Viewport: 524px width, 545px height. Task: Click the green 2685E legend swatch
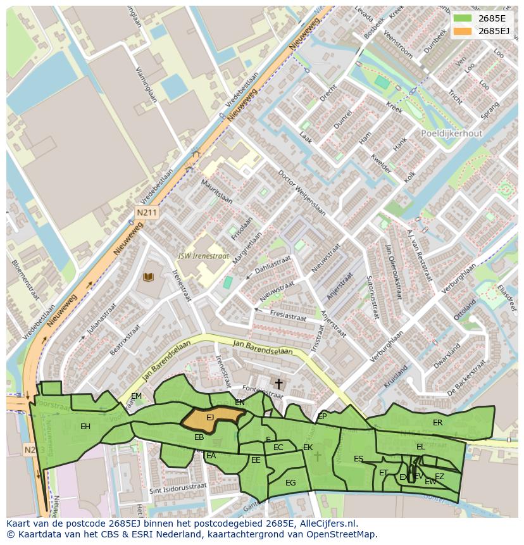click(x=463, y=18)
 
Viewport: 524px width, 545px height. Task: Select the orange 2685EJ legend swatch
click(x=463, y=31)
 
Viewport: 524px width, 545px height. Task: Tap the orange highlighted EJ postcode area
click(x=212, y=418)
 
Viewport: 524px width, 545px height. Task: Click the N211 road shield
click(x=146, y=213)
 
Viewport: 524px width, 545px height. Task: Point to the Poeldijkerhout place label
click(x=451, y=134)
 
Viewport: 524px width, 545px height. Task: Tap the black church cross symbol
click(x=278, y=384)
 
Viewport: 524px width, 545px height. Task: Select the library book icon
click(x=149, y=277)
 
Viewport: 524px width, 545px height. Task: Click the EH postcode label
click(x=85, y=427)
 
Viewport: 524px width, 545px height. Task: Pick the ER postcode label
click(x=437, y=422)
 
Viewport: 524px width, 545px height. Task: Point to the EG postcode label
click(x=290, y=483)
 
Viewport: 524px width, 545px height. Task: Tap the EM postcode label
click(x=136, y=396)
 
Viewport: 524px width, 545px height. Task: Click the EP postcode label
click(x=322, y=416)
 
